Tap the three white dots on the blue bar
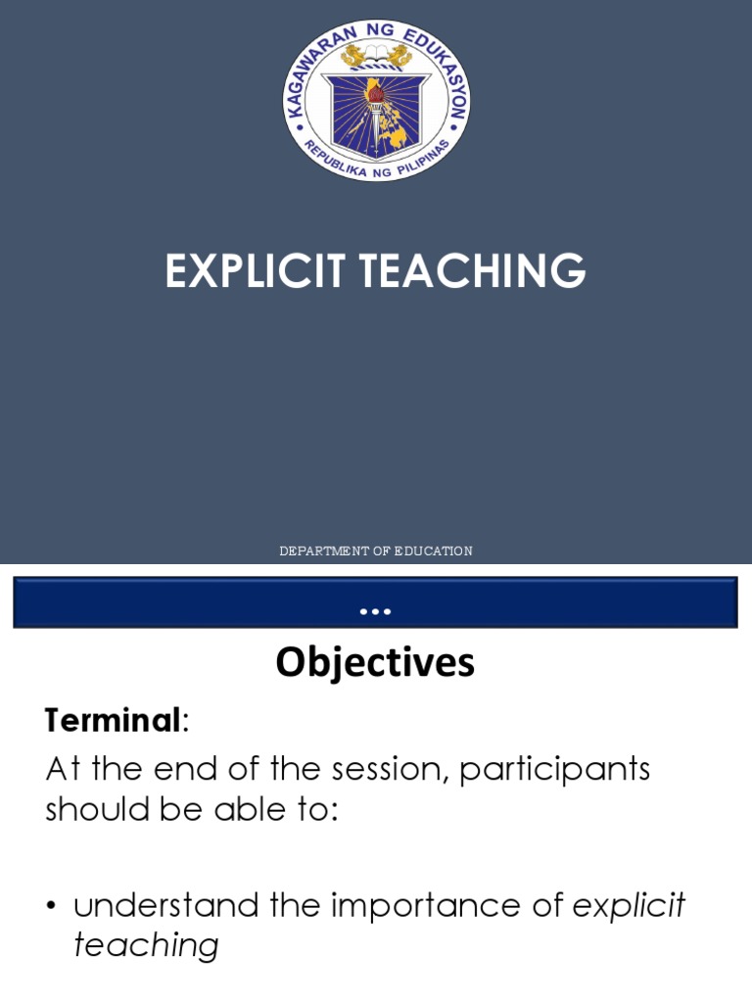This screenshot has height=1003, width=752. coord(375,612)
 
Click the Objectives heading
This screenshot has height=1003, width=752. coord(375,663)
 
